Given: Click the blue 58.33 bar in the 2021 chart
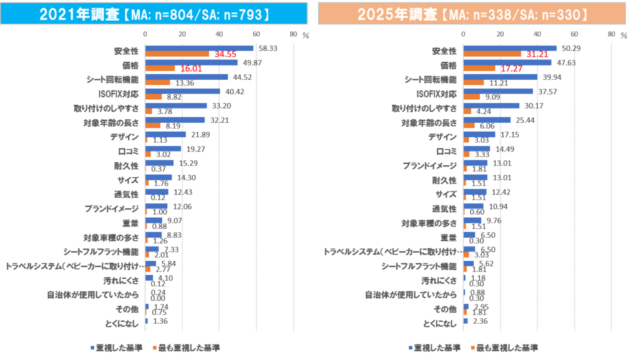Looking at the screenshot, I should (199, 48).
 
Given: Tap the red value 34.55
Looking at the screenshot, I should (225, 54).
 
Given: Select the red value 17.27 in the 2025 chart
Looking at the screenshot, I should (512, 69).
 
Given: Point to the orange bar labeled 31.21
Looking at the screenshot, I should (492, 54).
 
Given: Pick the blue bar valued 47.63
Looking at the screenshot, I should (507, 62).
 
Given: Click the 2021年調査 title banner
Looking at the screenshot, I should (154, 14).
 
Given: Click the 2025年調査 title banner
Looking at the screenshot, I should (472, 14).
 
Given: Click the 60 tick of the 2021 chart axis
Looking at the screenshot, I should (256, 34).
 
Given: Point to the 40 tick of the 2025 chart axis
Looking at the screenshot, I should (537, 34).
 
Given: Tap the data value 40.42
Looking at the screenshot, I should (235, 91).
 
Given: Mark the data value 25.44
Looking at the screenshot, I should (524, 120).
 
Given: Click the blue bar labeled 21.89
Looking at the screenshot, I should (165, 134).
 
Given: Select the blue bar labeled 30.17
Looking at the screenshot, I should (492, 105).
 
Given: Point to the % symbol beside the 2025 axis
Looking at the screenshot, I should (624, 36).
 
